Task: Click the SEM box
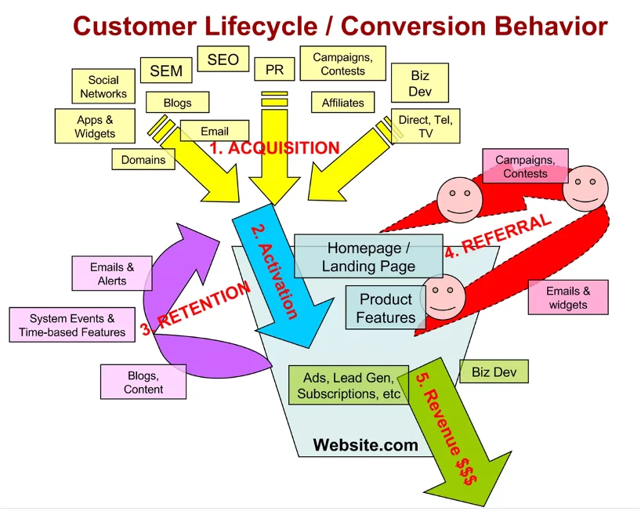pyautogui.click(x=166, y=71)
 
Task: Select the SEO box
pyautogui.click(x=223, y=60)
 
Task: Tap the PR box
pyautogui.click(x=274, y=70)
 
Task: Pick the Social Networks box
pyautogui.click(x=103, y=87)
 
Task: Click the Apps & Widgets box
pyautogui.click(x=96, y=127)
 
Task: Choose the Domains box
pyautogui.click(x=143, y=160)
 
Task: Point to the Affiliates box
pyautogui.click(x=343, y=103)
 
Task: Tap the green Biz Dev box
pyautogui.click(x=494, y=372)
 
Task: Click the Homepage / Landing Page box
pyautogui.click(x=369, y=257)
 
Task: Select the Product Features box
pyautogui.click(x=386, y=308)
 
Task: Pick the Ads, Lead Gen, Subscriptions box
pyautogui.click(x=349, y=386)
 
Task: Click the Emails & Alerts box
pyautogui.click(x=112, y=274)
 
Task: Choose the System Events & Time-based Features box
pyautogui.click(x=72, y=325)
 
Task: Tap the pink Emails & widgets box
pyautogui.click(x=569, y=298)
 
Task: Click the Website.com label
pyautogui.click(x=366, y=446)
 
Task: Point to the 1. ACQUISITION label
pyautogui.click(x=274, y=147)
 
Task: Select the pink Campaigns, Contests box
pyautogui.click(x=525, y=167)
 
